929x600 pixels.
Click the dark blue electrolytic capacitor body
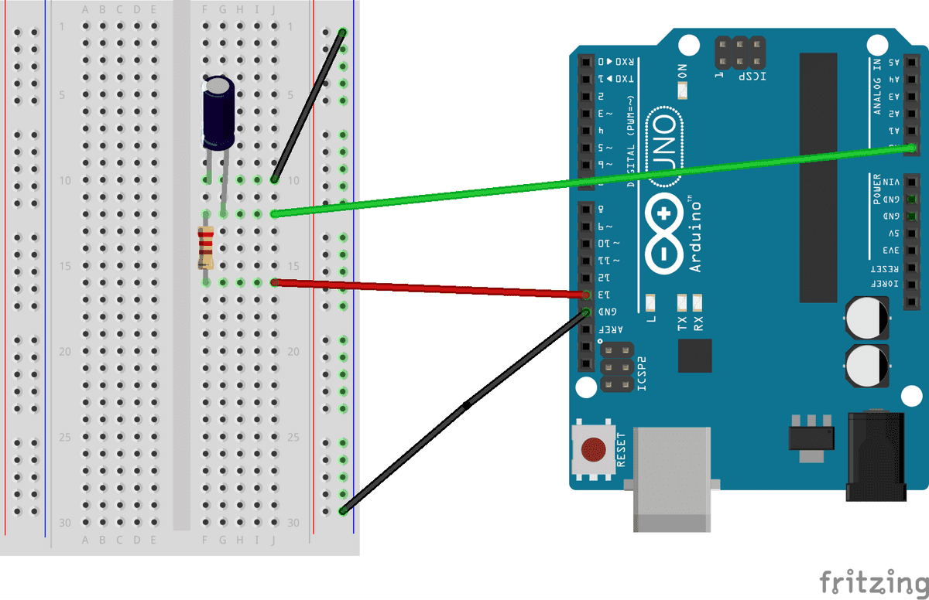(x=219, y=111)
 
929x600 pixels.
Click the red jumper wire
(x=426, y=288)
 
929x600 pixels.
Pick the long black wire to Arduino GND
(x=464, y=405)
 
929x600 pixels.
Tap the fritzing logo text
(x=872, y=581)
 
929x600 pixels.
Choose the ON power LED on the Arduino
(x=682, y=91)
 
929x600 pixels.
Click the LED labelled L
(x=650, y=302)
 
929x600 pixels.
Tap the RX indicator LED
(x=698, y=302)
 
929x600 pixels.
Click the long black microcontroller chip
(x=818, y=178)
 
